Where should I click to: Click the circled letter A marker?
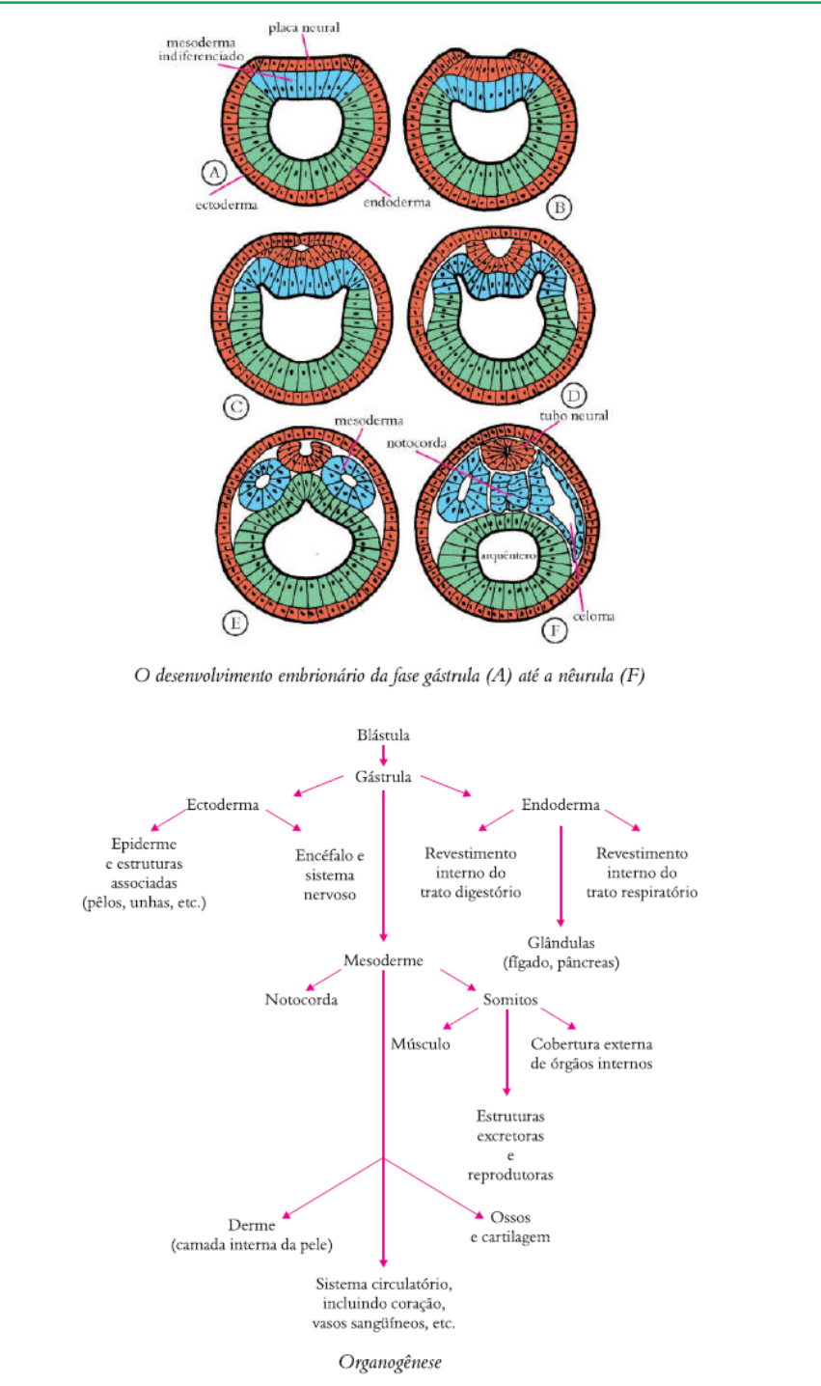pyautogui.click(x=214, y=173)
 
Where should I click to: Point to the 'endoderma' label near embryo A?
pyautogui.click(x=397, y=204)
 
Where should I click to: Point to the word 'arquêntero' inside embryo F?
pyautogui.click(x=500, y=557)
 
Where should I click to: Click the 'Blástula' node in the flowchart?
pyautogui.click(x=383, y=735)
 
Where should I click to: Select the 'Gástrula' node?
pyautogui.click(x=383, y=777)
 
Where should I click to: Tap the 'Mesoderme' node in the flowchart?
pyautogui.click(x=384, y=960)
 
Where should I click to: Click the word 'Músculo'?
pyautogui.click(x=420, y=1044)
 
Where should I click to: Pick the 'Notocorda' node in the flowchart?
pyautogui.click(x=301, y=1000)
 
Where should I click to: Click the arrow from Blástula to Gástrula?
pyautogui.click(x=384, y=757)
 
